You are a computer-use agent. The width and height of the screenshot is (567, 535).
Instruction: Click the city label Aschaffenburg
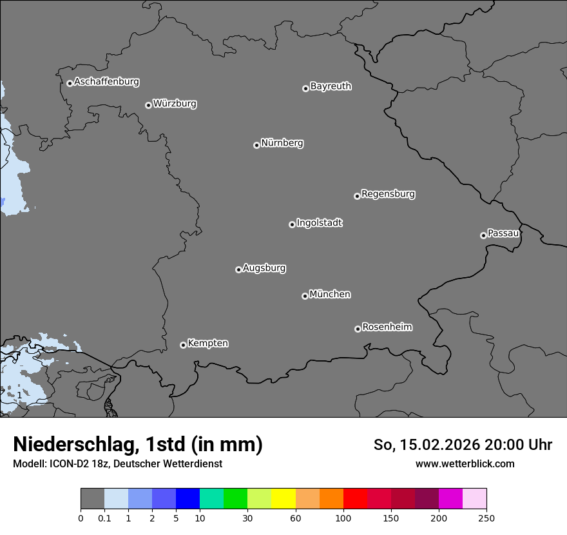(106, 82)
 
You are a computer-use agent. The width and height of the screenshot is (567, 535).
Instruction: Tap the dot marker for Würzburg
(148, 105)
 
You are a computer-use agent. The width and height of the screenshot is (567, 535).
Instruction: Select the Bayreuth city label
(331, 86)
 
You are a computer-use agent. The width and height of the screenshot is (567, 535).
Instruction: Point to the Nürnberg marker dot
(256, 145)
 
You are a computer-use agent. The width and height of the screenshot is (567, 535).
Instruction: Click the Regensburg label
(388, 194)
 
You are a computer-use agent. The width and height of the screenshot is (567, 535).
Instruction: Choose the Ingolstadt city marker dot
(292, 224)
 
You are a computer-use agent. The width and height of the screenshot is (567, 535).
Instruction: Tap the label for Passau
(503, 233)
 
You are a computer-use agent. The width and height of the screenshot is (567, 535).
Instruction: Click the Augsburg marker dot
(238, 269)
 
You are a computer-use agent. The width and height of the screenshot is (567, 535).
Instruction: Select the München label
(330, 295)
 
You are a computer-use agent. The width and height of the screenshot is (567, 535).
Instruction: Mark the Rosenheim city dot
(358, 329)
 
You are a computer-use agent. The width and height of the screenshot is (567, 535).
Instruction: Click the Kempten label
(207, 344)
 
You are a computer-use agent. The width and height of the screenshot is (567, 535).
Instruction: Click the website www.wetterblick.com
(465, 463)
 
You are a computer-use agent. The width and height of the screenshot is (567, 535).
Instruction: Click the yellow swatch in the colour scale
(283, 499)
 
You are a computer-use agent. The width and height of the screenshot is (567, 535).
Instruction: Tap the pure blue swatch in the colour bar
(187, 499)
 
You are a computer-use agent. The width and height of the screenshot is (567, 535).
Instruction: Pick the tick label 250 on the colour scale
(486, 518)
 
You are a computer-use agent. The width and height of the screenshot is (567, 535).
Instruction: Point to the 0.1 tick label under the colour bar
(104, 518)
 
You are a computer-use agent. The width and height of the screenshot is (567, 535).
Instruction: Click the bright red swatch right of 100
(355, 499)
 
